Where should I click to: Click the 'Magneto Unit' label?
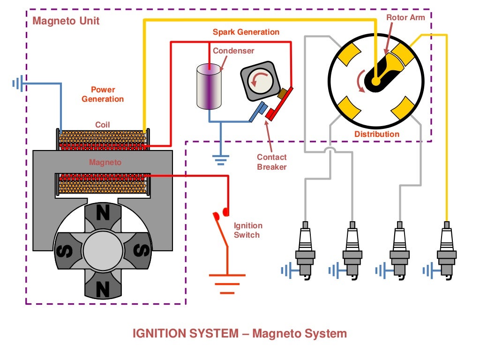(66, 21)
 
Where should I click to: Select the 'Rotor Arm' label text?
(405, 17)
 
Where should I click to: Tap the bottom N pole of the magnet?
(103, 287)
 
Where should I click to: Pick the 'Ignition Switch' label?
(247, 230)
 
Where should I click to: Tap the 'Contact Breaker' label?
(271, 162)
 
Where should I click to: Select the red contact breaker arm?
(279, 103)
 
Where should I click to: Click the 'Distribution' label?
(376, 134)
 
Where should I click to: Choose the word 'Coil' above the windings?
(103, 125)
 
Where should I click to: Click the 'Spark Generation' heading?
(246, 32)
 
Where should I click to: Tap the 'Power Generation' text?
(103, 94)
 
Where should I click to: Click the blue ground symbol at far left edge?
(18, 84)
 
